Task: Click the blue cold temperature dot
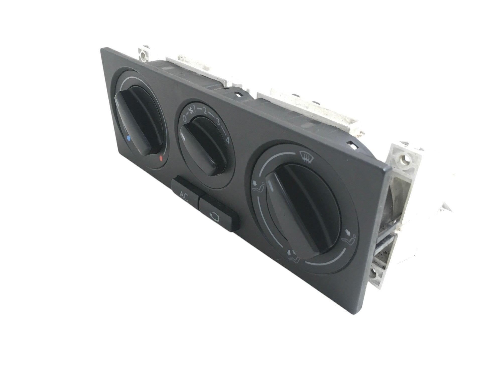pyautogui.click(x=129, y=138)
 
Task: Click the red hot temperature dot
pyautogui.click(x=161, y=158)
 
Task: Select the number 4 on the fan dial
pyautogui.click(x=228, y=140)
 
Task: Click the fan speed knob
pyautogui.click(x=201, y=146)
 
